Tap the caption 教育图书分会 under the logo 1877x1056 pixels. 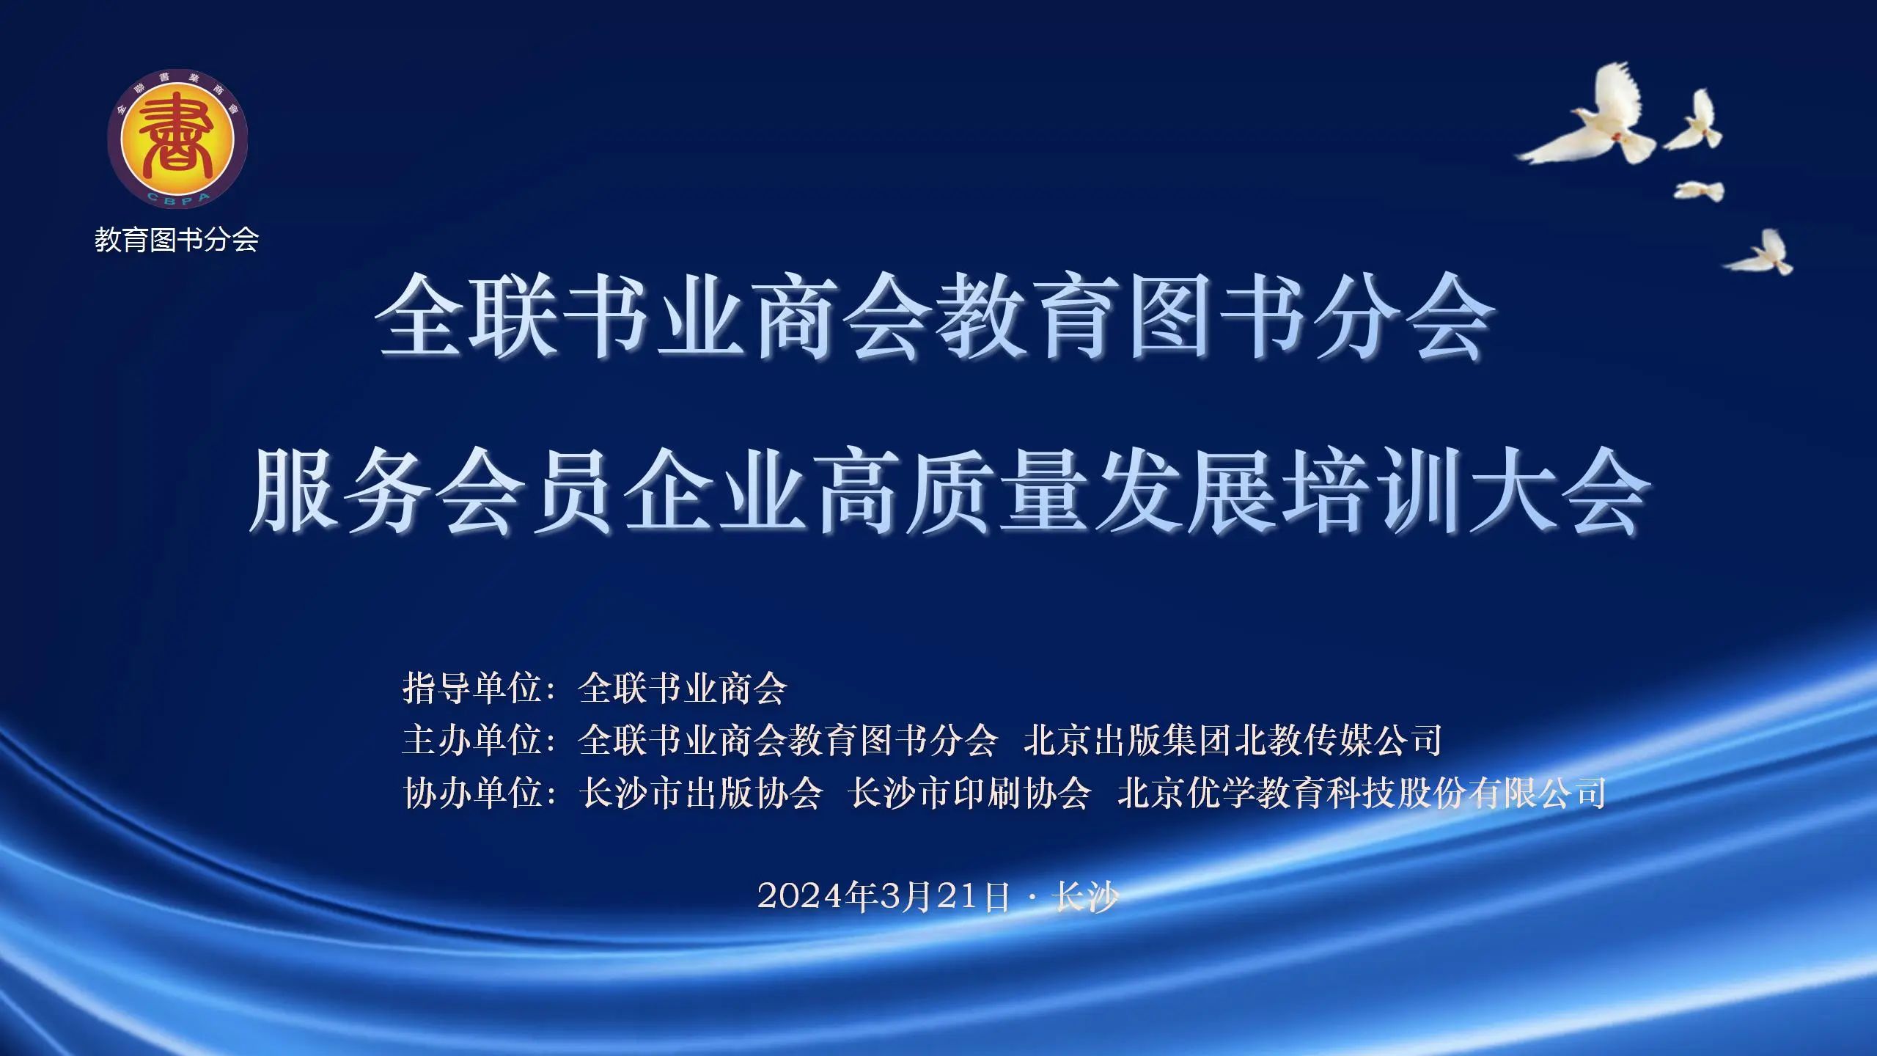(x=177, y=240)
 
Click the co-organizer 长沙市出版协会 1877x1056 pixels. (x=701, y=793)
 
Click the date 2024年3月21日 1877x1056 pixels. (x=884, y=896)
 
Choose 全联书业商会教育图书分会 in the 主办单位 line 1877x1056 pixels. (x=788, y=740)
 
